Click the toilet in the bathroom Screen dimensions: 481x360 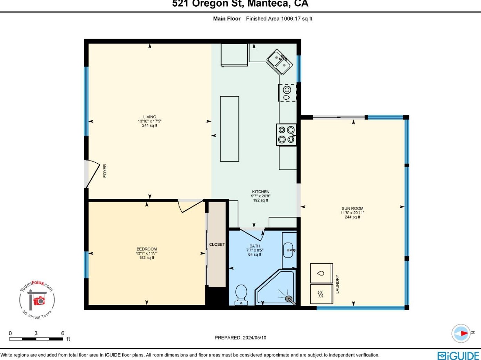241,295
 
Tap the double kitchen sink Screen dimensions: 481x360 280,62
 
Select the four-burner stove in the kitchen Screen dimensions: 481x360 286,134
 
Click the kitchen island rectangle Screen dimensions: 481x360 229,129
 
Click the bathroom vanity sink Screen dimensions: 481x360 289,250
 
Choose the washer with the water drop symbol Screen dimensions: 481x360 321,273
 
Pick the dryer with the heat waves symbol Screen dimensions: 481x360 321,294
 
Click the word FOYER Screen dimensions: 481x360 105,171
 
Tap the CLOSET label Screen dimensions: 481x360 217,245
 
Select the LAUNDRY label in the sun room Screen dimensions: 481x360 337,284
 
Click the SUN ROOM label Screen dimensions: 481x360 352,208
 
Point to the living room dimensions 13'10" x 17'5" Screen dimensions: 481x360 150,121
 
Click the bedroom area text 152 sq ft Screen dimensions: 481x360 147,258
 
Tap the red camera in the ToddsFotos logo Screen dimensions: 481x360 39,301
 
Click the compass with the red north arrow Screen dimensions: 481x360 461,333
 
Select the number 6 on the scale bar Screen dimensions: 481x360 63,333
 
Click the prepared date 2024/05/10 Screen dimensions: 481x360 254,338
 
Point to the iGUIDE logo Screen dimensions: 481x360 458,355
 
